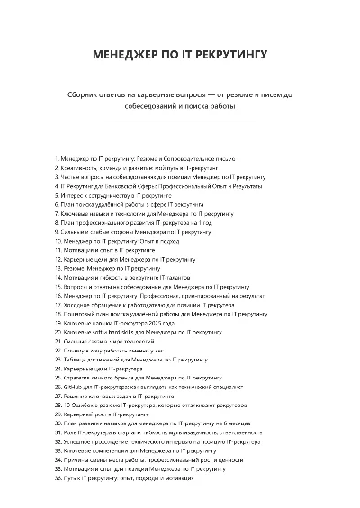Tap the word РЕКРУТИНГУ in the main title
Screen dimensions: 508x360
[x=228, y=56]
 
